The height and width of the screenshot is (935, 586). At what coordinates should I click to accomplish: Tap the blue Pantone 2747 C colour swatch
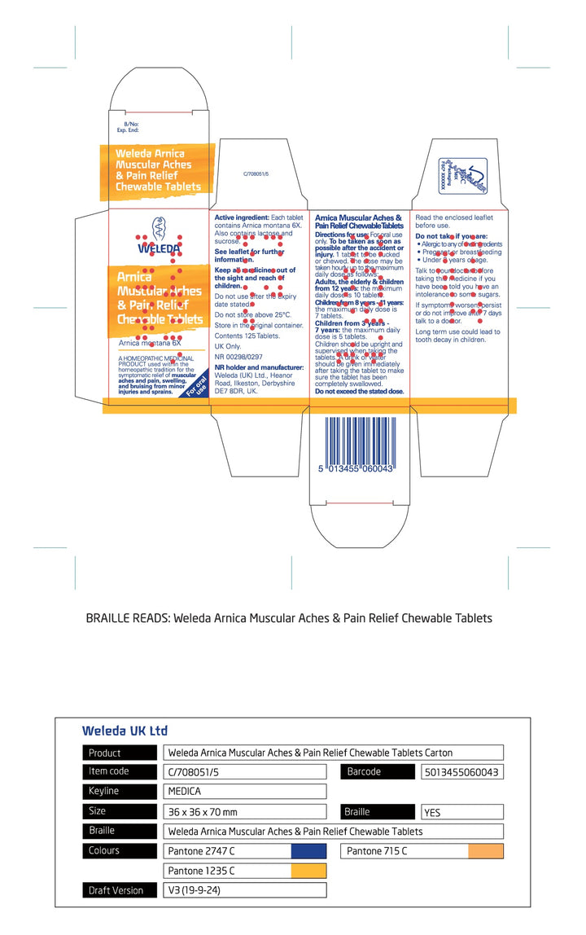pyautogui.click(x=308, y=851)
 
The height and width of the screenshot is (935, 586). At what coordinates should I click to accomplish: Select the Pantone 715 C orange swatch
pyautogui.click(x=485, y=851)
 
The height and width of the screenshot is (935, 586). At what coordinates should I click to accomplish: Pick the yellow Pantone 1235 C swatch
pyautogui.click(x=308, y=871)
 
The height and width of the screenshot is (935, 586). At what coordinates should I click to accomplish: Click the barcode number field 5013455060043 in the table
pyautogui.click(x=461, y=772)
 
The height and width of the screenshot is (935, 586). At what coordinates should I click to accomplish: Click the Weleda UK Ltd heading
pyautogui.click(x=125, y=731)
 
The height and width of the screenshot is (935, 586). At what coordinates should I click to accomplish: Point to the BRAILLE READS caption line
pyautogui.click(x=289, y=618)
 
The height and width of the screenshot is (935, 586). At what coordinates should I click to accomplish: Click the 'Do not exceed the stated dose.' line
pyautogui.click(x=359, y=392)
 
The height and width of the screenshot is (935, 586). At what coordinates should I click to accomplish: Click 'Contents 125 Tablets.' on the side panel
pyautogui.click(x=247, y=336)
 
